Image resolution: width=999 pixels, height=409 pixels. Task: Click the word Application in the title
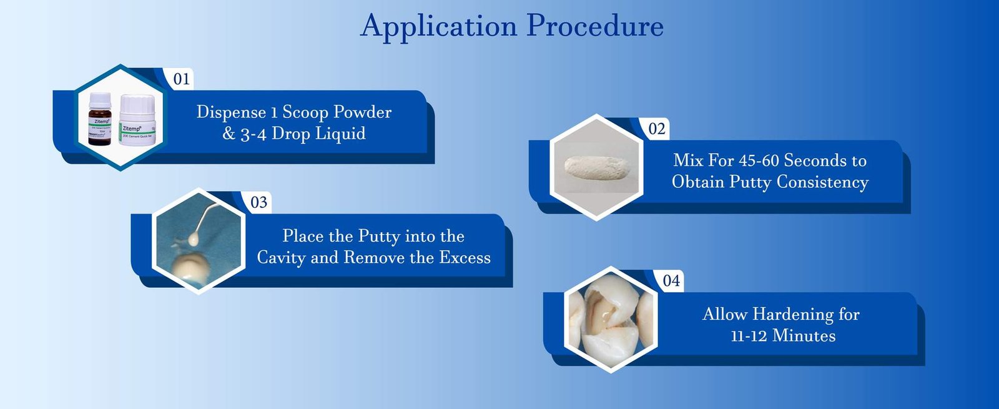click(x=438, y=27)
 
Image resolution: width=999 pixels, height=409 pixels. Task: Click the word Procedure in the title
click(x=594, y=27)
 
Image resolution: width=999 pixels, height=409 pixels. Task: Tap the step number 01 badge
click(x=182, y=79)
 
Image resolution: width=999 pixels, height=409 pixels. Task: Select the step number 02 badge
click(x=657, y=129)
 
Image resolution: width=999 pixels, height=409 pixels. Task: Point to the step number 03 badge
click(x=258, y=202)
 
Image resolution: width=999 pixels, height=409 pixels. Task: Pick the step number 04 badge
click(x=671, y=281)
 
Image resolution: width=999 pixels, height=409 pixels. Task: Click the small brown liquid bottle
click(x=100, y=120)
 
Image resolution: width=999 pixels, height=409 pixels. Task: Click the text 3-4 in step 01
click(x=253, y=134)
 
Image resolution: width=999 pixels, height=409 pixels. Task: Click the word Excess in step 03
click(x=465, y=258)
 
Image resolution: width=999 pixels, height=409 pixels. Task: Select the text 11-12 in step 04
click(x=749, y=336)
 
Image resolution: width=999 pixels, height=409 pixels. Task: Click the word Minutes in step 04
click(x=804, y=336)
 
